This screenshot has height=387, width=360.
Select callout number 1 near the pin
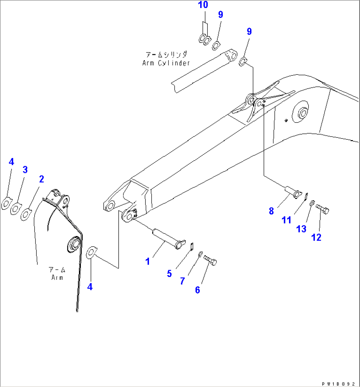(x=148, y=261)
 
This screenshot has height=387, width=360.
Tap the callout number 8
(x=271, y=211)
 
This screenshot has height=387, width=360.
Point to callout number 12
(x=316, y=237)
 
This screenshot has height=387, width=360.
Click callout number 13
(x=301, y=228)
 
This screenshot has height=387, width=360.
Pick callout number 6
(x=198, y=290)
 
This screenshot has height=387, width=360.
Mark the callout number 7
(x=182, y=281)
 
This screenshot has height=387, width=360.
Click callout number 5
(x=169, y=273)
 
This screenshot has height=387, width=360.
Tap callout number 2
(x=41, y=179)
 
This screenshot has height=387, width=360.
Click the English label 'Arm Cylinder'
(x=166, y=63)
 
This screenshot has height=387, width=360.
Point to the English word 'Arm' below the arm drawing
(x=57, y=278)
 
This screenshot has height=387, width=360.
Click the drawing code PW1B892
(x=340, y=383)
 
